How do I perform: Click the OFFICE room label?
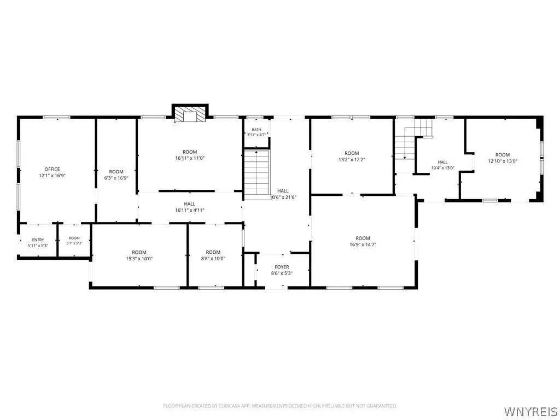click(52, 169)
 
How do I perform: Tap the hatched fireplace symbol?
click(190, 115)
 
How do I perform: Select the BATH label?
click(256, 130)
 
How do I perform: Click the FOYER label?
click(282, 267)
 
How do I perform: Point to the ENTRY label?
click(38, 240)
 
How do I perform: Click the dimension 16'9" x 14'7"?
click(363, 244)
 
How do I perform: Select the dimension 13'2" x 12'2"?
click(352, 160)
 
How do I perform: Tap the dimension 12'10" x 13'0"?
click(503, 161)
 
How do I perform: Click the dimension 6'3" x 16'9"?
click(116, 178)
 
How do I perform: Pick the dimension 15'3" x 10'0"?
click(139, 259)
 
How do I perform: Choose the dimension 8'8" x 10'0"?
click(213, 259)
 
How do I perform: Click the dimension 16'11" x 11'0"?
click(190, 158)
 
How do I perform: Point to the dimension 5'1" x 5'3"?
click(74, 243)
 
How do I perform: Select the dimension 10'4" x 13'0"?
click(443, 168)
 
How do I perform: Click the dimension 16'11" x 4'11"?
click(190, 211)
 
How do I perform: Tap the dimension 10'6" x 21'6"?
click(283, 197)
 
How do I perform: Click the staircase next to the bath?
click(256, 174)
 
